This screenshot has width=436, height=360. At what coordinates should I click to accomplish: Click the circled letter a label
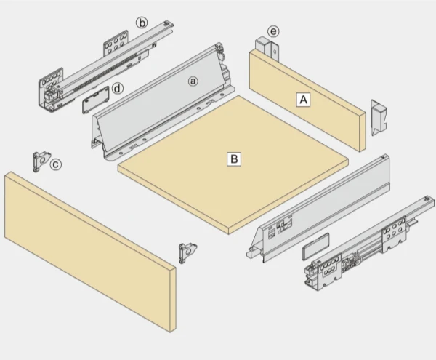[193, 81]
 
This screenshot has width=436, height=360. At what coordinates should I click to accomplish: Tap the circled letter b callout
[142, 23]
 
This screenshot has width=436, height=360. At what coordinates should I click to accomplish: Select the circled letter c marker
[56, 164]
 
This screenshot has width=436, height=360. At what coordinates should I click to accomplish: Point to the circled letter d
[118, 89]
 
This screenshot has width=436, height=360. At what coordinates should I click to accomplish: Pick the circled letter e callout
[272, 31]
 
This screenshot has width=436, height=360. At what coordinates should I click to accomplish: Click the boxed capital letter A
[303, 100]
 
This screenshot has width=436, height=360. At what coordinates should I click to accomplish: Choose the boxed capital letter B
[234, 158]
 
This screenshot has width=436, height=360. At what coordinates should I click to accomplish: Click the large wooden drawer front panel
[87, 247]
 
